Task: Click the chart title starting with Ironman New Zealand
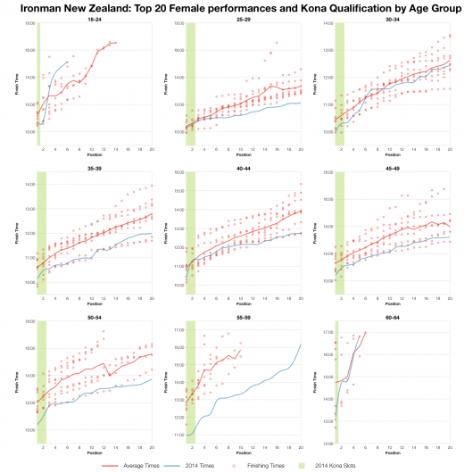point(236,8)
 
